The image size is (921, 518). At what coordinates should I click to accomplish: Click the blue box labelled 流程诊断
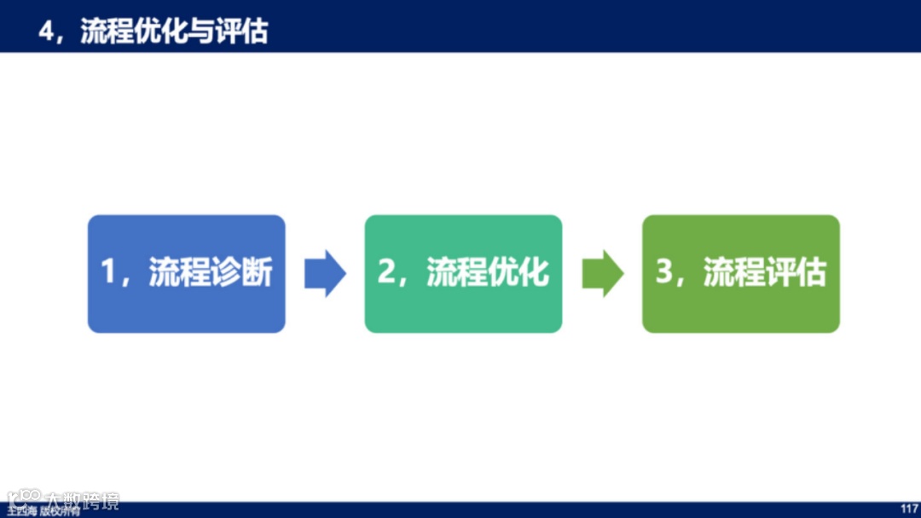186,273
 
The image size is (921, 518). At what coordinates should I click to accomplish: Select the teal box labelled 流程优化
463,273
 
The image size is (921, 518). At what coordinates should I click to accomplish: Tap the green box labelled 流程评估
740,273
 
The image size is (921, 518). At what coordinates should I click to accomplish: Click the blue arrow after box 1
325,273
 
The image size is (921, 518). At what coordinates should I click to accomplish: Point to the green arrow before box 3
603,273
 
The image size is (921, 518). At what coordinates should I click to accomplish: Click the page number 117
909,509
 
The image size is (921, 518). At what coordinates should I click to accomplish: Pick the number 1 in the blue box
108,273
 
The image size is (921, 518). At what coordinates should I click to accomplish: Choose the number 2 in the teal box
386,273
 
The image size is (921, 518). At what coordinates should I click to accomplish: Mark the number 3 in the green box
663,273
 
